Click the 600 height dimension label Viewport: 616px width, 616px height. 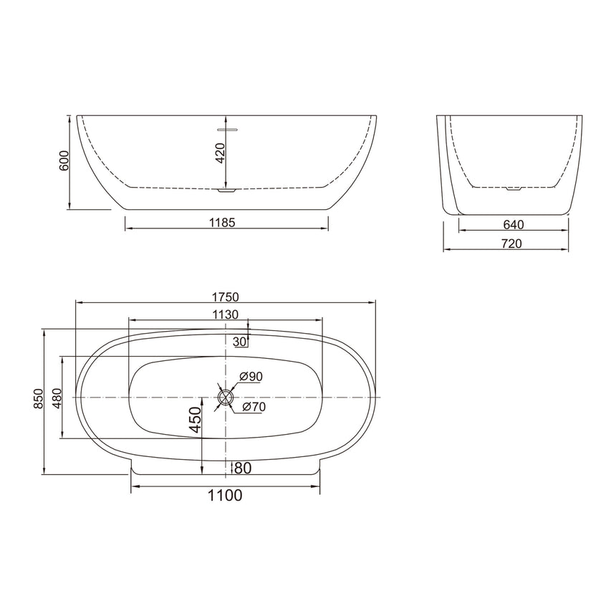64,161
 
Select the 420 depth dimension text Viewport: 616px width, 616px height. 221,153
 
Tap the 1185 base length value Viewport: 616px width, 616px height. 223,223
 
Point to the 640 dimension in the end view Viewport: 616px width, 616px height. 513,224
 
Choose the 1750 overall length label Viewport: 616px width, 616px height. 225,297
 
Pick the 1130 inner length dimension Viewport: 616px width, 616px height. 225,314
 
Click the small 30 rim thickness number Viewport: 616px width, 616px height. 239,341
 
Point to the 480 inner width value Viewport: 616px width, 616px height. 57,398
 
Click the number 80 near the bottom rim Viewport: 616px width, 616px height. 242,468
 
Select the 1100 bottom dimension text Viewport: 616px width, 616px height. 225,495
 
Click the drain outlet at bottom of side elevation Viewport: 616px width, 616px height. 226,191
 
